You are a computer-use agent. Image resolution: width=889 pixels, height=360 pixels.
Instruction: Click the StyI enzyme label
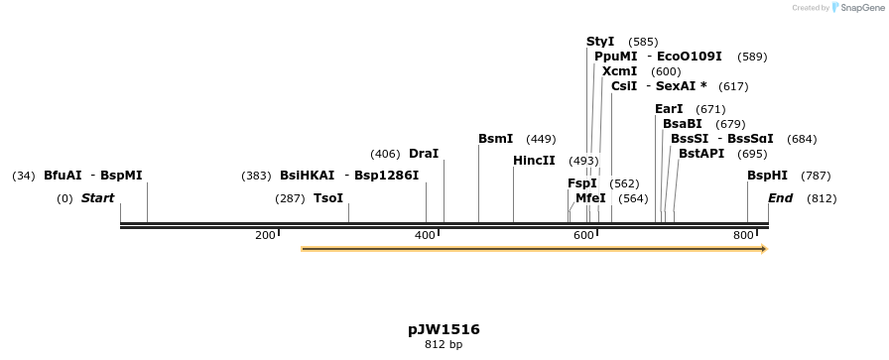tap(600, 42)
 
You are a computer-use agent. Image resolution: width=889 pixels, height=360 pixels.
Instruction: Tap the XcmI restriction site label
tap(619, 71)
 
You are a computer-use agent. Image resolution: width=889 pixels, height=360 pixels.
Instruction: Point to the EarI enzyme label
tap(669, 109)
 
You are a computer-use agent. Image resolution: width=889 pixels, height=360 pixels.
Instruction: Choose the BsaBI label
tap(682, 124)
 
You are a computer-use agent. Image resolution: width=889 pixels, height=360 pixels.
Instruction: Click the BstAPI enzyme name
tap(701, 154)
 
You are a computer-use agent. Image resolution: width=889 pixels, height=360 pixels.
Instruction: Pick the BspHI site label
tap(767, 176)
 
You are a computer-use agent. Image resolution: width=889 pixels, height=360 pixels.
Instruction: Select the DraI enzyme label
tap(423, 154)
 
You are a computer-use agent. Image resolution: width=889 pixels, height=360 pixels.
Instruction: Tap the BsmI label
tap(495, 139)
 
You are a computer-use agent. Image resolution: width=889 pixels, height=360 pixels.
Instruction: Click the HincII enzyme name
tap(534, 161)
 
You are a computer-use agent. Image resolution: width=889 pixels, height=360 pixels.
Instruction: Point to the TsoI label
tap(327, 198)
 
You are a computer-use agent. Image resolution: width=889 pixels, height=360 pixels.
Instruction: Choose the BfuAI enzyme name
tap(63, 176)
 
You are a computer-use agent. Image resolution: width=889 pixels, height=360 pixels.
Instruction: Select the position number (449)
tap(541, 139)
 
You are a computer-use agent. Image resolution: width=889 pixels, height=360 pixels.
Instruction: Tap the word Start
tap(97, 198)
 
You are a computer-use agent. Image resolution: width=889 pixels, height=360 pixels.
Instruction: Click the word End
tap(780, 198)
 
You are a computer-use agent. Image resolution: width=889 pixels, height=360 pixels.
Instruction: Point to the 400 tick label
tap(425, 235)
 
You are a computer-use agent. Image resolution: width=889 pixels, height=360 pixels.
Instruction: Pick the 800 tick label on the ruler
tap(742, 235)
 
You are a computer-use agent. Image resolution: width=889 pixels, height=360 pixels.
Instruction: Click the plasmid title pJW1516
tap(444, 329)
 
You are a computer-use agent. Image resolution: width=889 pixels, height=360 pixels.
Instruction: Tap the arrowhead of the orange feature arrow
tap(763, 249)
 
